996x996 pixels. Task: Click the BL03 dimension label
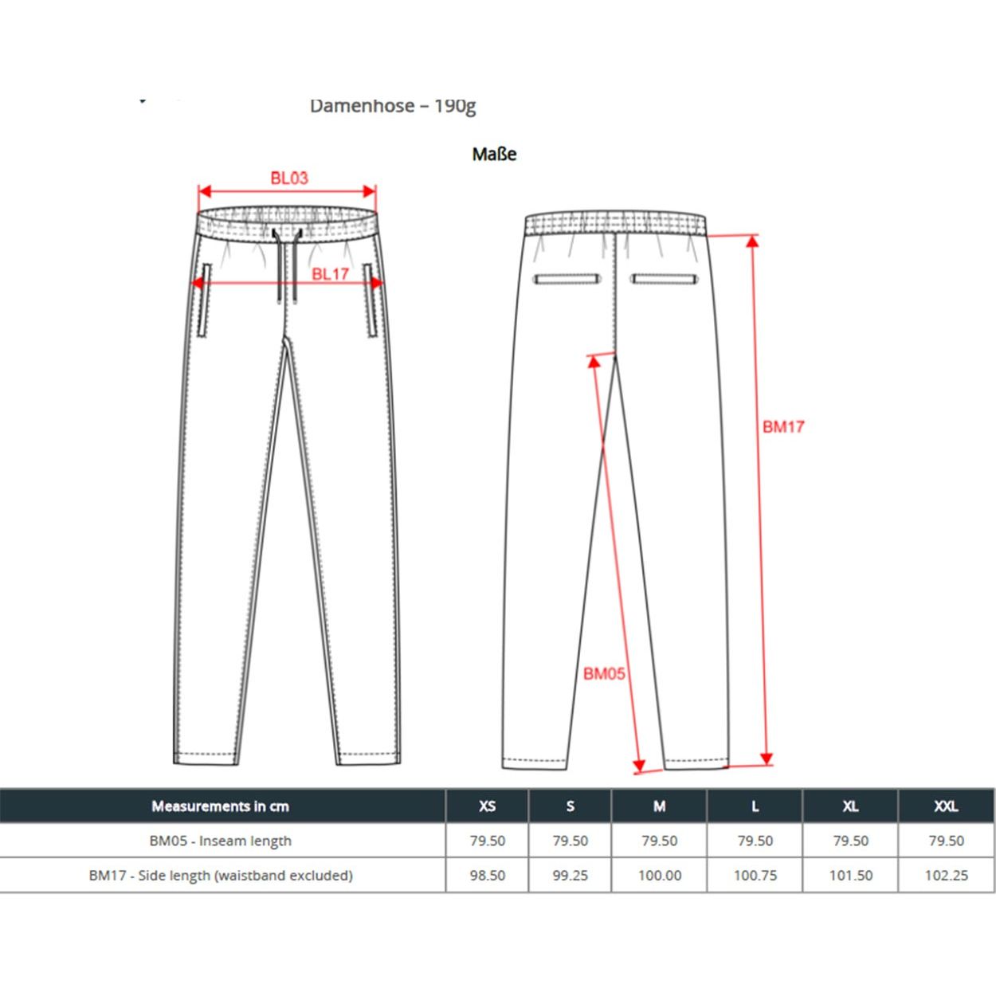tap(288, 178)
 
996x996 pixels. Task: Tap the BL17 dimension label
tap(330, 274)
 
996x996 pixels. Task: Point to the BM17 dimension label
tap(783, 427)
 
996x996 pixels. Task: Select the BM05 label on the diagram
tap(604, 674)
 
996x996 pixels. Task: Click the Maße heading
tap(494, 154)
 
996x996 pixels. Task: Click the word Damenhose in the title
tap(362, 106)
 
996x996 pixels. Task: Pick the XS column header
tap(487, 806)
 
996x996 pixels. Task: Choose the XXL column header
tap(946, 806)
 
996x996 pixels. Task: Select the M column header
tap(659, 806)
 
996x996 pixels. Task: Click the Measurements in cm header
tap(221, 806)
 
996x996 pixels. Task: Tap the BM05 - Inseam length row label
tap(221, 841)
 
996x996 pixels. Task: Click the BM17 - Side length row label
tap(221, 875)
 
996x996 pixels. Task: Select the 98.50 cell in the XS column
tap(487, 875)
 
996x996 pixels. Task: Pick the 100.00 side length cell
tap(659, 875)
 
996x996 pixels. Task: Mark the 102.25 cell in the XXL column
tap(946, 875)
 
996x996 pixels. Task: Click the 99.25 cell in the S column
tap(570, 875)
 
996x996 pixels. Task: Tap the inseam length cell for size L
tap(755, 841)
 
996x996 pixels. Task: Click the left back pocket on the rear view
tap(567, 279)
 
